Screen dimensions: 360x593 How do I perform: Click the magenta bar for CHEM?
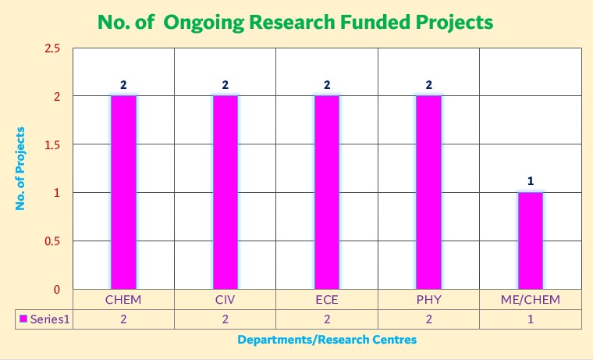coord(123,192)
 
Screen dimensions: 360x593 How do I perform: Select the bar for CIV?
coord(225,192)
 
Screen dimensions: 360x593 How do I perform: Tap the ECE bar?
coord(327,192)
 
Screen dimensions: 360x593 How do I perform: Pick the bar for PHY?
coord(428,192)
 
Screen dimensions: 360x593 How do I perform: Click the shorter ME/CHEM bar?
coord(531,241)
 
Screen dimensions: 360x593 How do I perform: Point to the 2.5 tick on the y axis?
coord(51,48)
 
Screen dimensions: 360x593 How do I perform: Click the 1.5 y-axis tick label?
coord(51,144)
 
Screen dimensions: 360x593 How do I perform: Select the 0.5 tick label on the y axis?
coord(51,241)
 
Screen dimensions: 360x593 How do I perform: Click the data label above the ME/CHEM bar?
coord(531,181)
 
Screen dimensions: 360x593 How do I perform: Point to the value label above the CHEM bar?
coord(123,84)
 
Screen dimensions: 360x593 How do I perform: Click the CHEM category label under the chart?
coord(123,300)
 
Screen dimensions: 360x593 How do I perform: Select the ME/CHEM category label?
coord(531,300)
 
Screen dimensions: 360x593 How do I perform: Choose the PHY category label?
coord(428,300)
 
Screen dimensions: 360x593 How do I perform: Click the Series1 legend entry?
coord(45,319)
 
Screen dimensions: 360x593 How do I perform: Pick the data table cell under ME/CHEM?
coord(531,319)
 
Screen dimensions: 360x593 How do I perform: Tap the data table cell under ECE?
coord(327,319)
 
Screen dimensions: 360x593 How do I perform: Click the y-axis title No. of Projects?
coord(21,168)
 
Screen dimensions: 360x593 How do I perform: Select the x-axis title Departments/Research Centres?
coord(327,340)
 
